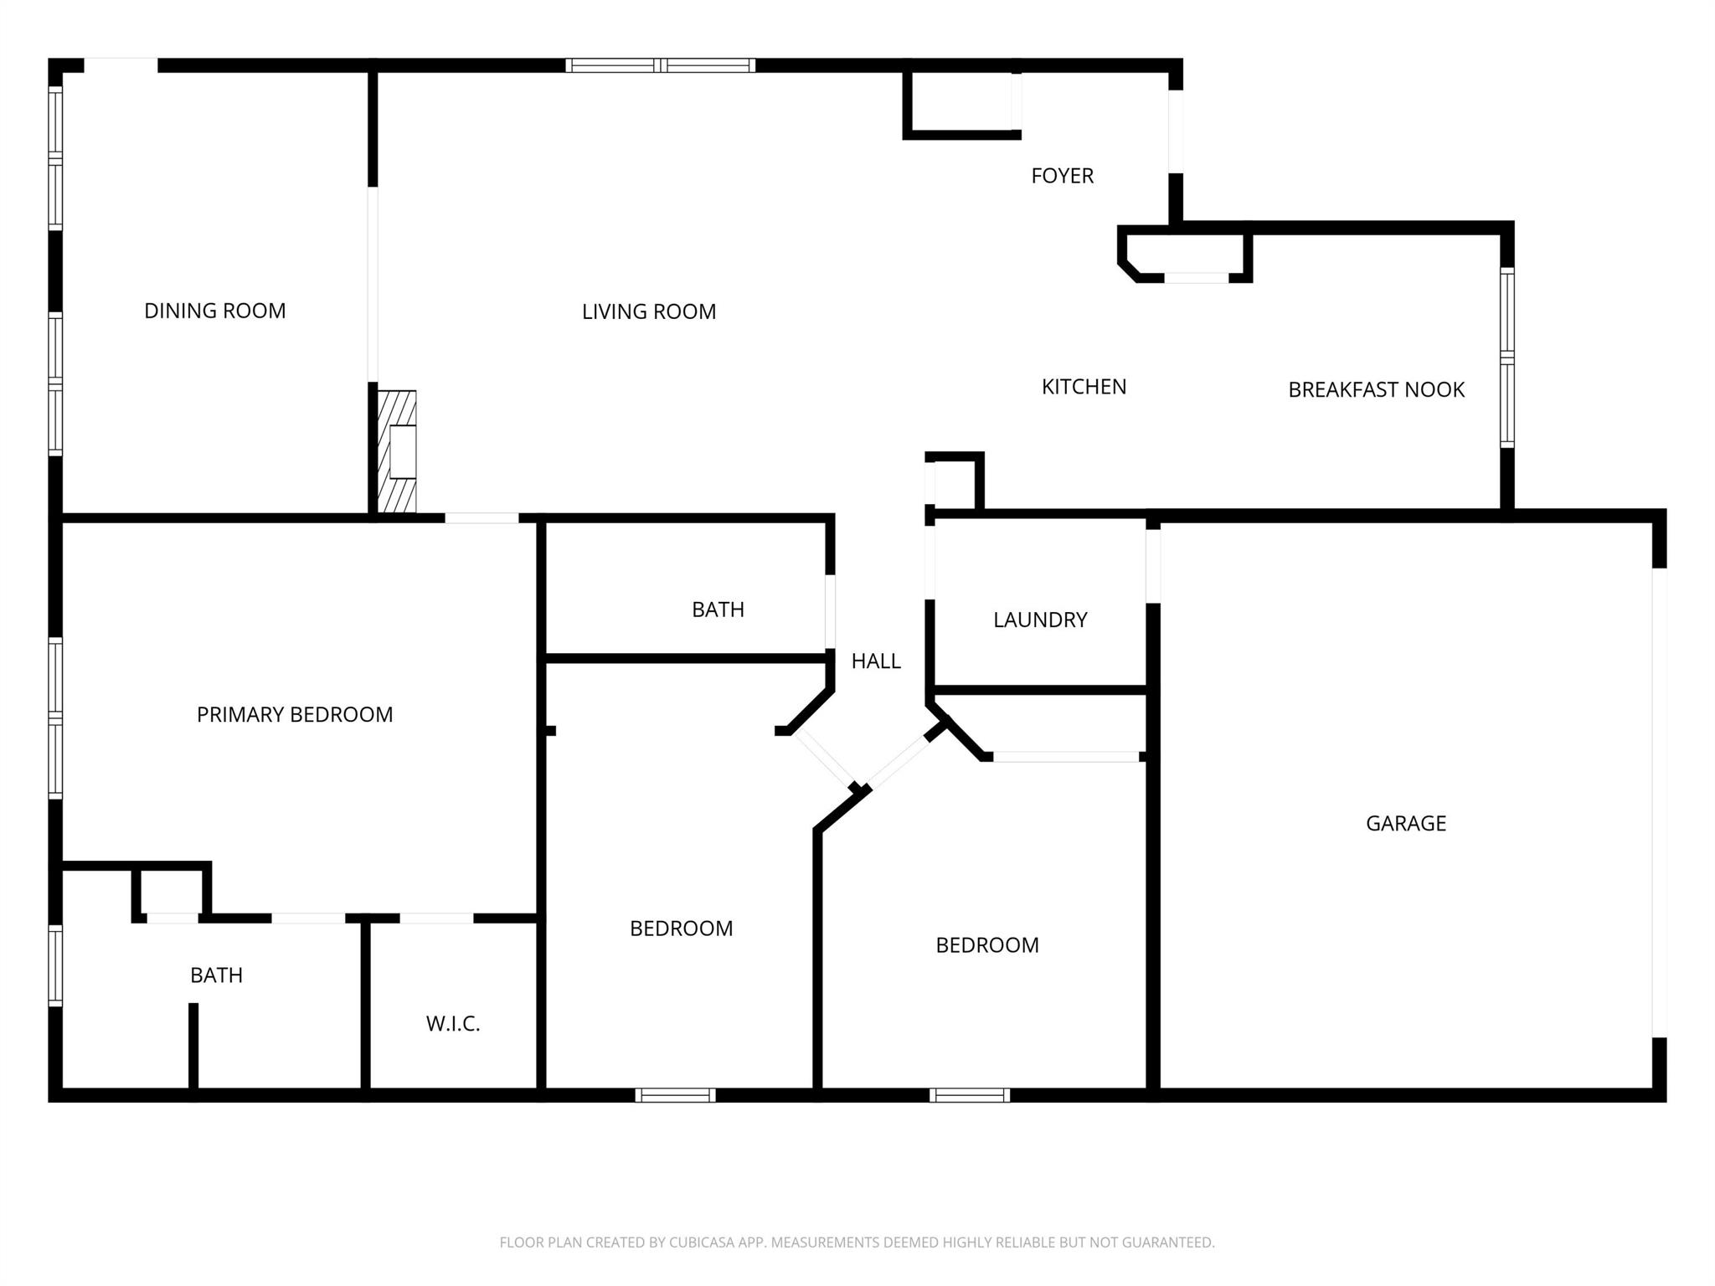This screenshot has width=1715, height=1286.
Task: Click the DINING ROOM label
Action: [x=215, y=311]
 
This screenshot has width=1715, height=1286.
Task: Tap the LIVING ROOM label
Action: [x=649, y=311]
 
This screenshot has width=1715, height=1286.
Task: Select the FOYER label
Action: [x=1062, y=176]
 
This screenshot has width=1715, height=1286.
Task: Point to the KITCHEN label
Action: [x=1084, y=387]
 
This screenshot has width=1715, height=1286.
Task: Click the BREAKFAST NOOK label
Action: [x=1376, y=389]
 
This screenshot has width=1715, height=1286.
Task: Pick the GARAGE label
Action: [x=1405, y=823]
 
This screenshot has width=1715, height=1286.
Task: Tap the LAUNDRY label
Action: [x=1040, y=620]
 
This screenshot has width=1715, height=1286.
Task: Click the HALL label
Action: [x=876, y=661]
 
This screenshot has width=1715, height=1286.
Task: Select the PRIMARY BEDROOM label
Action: [x=295, y=714]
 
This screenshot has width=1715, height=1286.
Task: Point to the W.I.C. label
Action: [x=453, y=1023]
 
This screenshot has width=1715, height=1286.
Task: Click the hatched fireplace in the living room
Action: [x=397, y=451]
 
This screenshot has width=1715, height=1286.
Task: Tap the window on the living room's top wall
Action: [x=661, y=65]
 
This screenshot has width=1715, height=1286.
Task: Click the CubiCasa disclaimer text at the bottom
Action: [x=857, y=1242]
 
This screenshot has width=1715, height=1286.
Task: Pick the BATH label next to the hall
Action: [x=718, y=610]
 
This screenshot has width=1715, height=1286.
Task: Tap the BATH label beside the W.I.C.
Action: [x=216, y=975]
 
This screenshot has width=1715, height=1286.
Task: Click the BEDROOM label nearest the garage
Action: [x=987, y=945]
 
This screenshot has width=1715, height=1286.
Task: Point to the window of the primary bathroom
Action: [x=55, y=964]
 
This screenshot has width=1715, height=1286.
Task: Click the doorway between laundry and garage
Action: [x=1153, y=566]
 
